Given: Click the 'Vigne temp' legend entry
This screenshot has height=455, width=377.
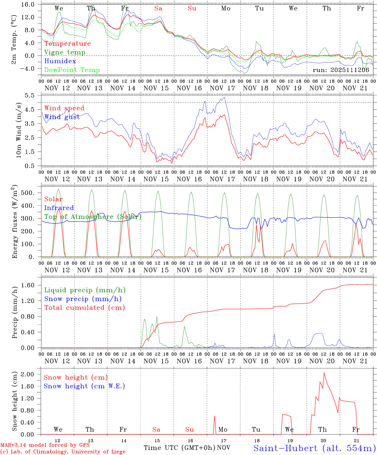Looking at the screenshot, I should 65,52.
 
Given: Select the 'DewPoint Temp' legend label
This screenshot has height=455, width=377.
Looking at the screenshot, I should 72,70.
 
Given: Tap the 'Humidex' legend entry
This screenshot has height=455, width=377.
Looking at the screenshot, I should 60,61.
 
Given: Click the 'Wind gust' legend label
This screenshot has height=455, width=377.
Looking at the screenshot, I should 62,117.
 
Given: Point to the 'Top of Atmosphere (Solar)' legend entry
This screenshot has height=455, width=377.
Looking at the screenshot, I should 93,217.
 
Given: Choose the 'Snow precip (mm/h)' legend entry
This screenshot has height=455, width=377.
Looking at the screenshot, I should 83,299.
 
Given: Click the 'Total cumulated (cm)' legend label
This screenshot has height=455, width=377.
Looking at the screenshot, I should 84,307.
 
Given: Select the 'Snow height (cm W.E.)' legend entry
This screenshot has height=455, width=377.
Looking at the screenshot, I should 84,386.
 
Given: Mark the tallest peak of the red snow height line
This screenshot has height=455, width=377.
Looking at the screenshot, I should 324,373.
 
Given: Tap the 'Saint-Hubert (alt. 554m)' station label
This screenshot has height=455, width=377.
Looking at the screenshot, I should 314,448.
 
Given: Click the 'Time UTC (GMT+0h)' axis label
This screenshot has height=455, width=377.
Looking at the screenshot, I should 179,448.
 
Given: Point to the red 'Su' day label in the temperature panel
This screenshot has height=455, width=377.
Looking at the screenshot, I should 192,9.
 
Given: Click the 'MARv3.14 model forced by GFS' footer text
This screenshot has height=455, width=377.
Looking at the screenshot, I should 45,445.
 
